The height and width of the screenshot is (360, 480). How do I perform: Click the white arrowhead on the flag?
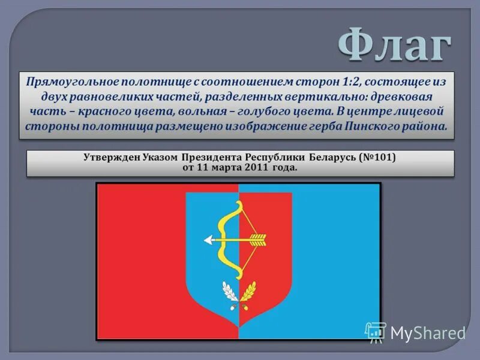208,241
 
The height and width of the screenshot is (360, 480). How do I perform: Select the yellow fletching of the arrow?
257,241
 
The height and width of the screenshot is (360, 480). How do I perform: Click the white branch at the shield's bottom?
229,292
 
